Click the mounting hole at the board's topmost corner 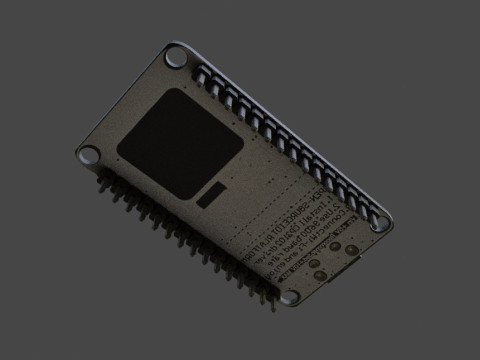pyautogui.click(x=178, y=56)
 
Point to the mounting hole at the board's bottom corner pyautogui.click(x=290, y=297)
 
